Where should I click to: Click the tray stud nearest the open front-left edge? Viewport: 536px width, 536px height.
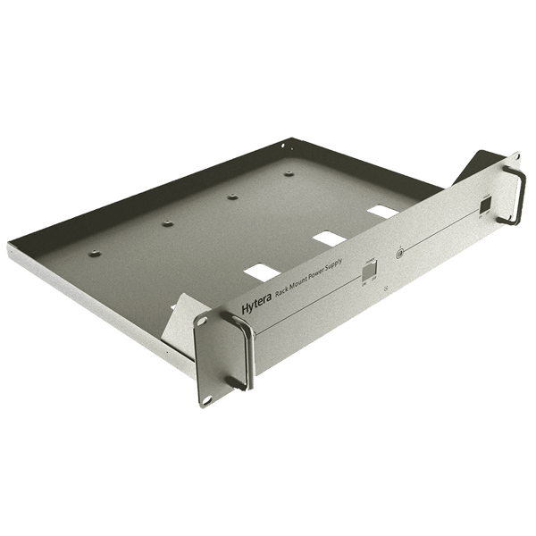[x=95, y=256]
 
